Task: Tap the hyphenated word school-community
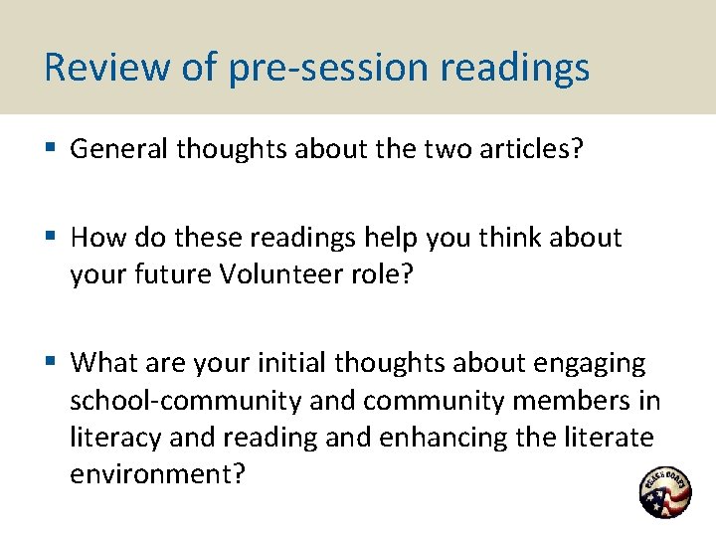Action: coord(185,400)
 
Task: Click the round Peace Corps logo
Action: coord(665,491)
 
